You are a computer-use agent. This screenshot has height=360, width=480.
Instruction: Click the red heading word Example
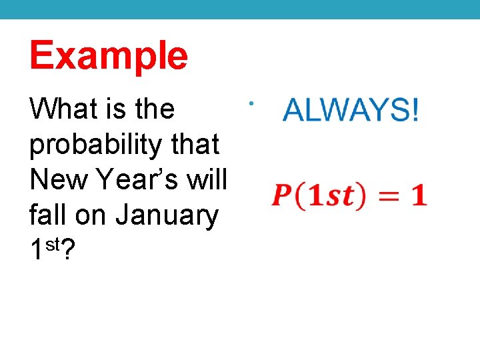109,56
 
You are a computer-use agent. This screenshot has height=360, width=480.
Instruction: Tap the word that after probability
196,144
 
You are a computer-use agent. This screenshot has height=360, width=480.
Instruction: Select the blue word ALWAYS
343,110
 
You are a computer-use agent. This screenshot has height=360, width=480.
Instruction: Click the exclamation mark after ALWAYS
415,110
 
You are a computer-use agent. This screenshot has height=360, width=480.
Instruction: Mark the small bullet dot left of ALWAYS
247,103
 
